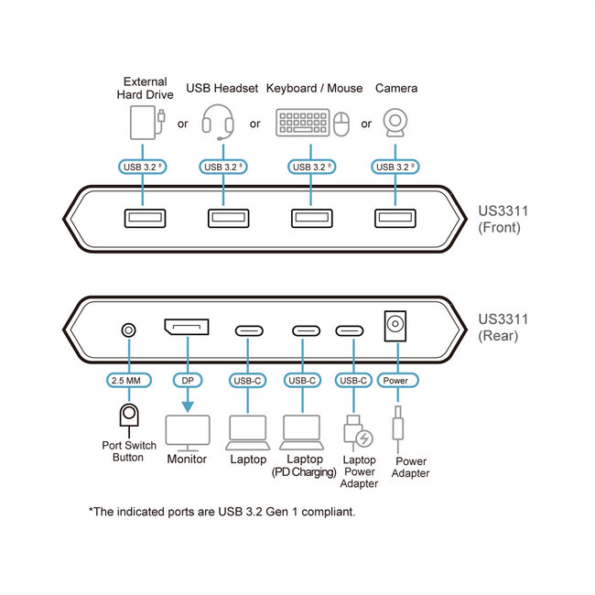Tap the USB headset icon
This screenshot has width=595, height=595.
click(x=218, y=122)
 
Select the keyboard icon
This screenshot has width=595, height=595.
click(x=301, y=124)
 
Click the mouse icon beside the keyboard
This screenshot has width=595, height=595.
click(x=341, y=124)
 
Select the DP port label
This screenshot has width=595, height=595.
click(x=186, y=380)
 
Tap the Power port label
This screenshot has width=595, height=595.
click(x=397, y=380)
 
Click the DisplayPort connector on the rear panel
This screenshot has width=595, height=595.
click(x=186, y=328)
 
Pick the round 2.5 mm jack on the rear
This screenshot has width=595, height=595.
click(x=129, y=330)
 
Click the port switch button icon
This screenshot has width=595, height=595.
click(x=129, y=417)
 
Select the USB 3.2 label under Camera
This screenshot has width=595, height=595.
click(x=396, y=167)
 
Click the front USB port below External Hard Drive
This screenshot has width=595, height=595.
click(x=143, y=218)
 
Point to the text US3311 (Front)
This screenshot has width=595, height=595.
click(x=503, y=219)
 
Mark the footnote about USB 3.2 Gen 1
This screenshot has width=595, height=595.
click(x=222, y=511)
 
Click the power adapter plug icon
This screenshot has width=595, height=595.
click(x=398, y=429)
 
